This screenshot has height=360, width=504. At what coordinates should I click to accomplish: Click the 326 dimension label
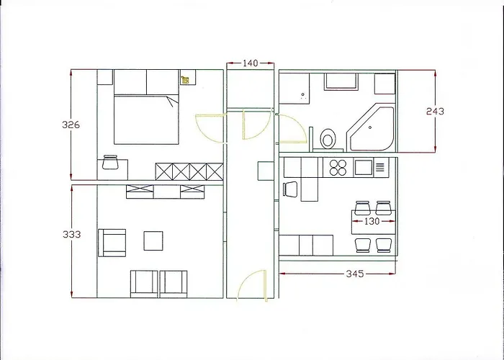tap(71, 125)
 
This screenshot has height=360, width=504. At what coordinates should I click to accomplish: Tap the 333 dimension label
tap(71, 234)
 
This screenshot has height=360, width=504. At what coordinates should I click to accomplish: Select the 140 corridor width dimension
tap(250, 63)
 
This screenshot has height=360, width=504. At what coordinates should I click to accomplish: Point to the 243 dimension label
tap(435, 111)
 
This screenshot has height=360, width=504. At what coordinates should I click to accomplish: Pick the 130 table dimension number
tap(371, 222)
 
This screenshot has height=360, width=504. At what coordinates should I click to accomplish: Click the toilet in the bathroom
tap(328, 137)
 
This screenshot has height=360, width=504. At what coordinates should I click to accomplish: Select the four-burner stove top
tap(338, 168)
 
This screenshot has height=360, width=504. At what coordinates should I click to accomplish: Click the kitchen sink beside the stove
tap(362, 168)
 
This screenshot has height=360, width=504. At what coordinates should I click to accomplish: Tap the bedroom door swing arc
tap(210, 130)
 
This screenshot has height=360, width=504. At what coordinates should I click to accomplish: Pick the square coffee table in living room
tap(153, 240)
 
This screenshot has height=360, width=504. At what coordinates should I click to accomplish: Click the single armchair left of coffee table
tap(112, 242)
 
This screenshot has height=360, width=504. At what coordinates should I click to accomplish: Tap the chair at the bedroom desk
tap(110, 163)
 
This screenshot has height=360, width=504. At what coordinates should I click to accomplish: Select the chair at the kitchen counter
tap(290, 189)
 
